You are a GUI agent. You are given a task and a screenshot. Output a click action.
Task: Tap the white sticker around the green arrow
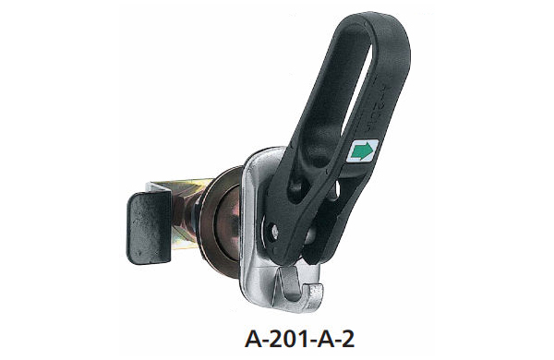(363, 150)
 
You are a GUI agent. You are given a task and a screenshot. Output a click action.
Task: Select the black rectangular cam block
(149, 228)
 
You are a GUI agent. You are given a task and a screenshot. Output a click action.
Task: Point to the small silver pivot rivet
(274, 232)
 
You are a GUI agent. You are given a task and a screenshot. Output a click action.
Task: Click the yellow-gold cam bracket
(184, 212)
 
